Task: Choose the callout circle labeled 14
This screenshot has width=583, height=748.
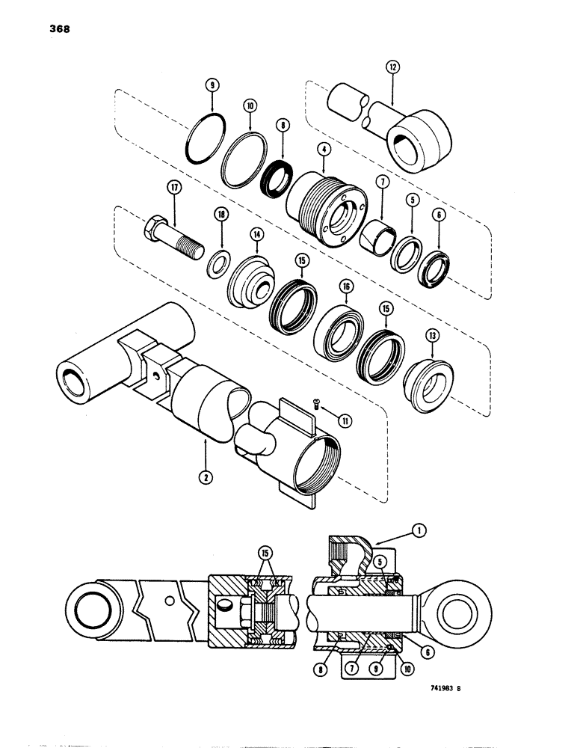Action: (x=257, y=235)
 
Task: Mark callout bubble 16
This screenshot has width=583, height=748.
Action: (x=346, y=286)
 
